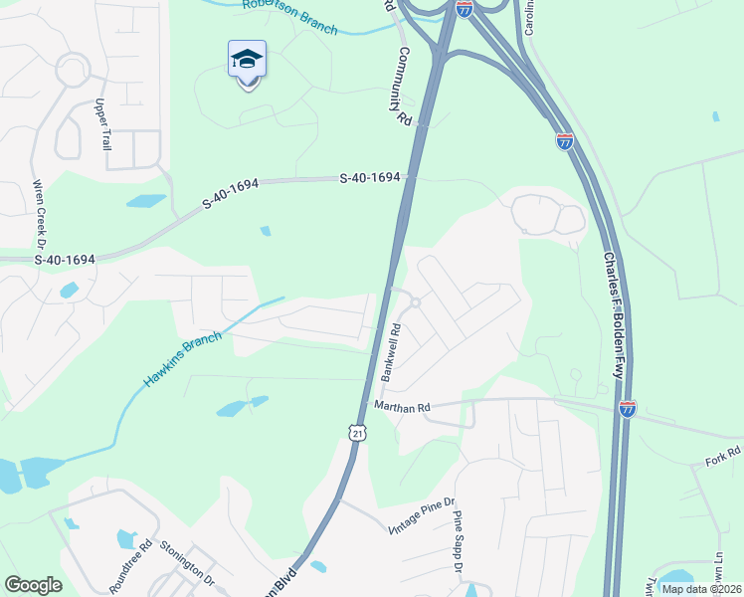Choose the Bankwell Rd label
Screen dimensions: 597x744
pyautogui.click(x=390, y=352)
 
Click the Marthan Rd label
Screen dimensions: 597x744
pyautogui.click(x=402, y=407)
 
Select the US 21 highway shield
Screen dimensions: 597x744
pyautogui.click(x=357, y=432)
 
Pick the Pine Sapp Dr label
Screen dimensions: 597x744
pyautogui.click(x=459, y=540)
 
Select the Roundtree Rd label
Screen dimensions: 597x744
pyautogui.click(x=131, y=566)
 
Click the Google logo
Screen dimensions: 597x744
pyautogui.click(x=33, y=585)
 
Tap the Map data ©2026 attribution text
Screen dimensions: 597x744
pyautogui.click(x=700, y=589)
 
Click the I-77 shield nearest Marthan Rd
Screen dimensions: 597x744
pyautogui.click(x=627, y=408)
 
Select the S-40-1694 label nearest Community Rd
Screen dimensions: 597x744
pyautogui.click(x=370, y=178)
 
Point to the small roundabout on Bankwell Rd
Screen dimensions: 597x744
pyautogui.click(x=415, y=302)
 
